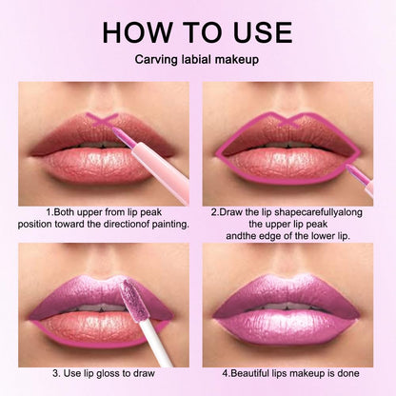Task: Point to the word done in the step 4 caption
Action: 363,373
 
